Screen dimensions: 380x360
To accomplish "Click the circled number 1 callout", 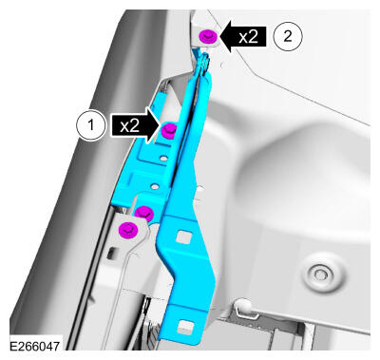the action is pyautogui.click(x=90, y=125).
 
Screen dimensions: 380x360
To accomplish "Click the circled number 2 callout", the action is pyautogui.click(x=288, y=36).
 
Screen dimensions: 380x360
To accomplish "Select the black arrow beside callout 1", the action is pyautogui.click(x=136, y=125).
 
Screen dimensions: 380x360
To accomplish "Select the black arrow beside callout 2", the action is pyautogui.click(x=243, y=37).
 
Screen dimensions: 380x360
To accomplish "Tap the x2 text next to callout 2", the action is pyautogui.click(x=249, y=37).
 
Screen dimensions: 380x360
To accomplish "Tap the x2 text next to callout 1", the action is pyautogui.click(x=130, y=126).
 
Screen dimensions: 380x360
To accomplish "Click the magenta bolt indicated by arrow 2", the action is pyautogui.click(x=207, y=36).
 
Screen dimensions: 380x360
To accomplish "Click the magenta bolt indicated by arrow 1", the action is pyautogui.click(x=169, y=130).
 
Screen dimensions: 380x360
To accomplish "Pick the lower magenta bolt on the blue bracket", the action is pyautogui.click(x=144, y=213).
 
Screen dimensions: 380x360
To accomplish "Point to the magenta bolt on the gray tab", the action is pyautogui.click(x=128, y=230).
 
